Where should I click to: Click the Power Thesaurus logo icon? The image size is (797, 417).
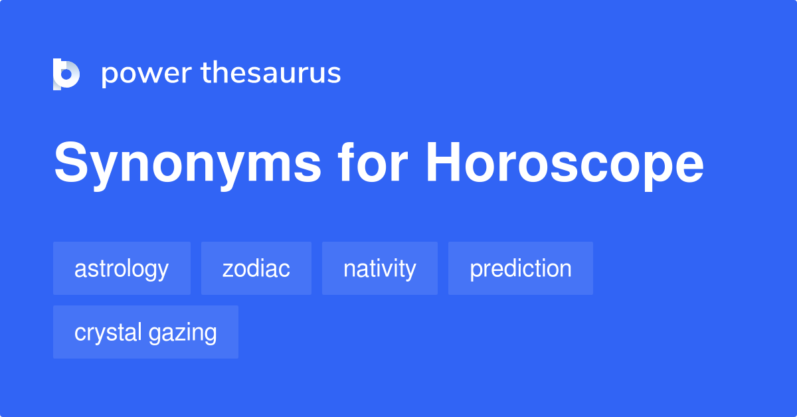point(66,74)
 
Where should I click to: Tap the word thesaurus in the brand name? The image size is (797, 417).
point(271,72)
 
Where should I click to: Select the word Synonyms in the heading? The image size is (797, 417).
point(187,165)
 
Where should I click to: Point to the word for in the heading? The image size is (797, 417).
point(372,161)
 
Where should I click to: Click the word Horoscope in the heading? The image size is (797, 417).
point(565,165)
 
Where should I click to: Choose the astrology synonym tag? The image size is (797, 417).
point(122,268)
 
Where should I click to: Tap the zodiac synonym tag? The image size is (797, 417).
point(256,268)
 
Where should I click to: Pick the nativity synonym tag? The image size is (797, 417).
point(380,268)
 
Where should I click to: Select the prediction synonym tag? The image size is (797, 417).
point(521,268)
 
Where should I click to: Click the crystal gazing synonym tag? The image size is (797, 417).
point(145,332)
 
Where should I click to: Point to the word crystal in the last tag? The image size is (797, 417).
point(108,333)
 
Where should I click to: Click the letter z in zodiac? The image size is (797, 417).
point(228,270)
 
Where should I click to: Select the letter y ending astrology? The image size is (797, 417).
point(163,272)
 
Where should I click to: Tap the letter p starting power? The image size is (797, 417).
point(108,78)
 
